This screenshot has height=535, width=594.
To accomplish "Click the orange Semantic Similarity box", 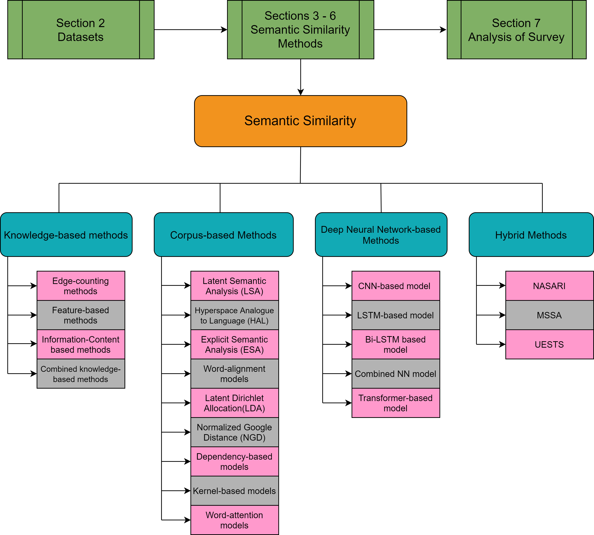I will (x=300, y=121).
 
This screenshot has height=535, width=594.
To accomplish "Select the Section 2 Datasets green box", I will (x=81, y=30).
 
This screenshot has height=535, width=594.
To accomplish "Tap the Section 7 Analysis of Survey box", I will (x=516, y=30).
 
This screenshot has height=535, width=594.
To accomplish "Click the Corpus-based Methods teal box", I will (x=224, y=235).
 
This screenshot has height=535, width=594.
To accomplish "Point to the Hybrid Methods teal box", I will (x=531, y=235).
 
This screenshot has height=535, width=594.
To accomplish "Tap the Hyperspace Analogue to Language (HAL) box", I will (x=235, y=315).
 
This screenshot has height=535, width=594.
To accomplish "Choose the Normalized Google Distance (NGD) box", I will (x=235, y=432).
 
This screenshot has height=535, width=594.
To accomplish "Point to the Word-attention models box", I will (x=235, y=520).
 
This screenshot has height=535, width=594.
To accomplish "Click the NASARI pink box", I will (x=549, y=286).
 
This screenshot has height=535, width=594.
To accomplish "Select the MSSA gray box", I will (x=549, y=315).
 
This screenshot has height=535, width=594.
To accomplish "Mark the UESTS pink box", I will (x=549, y=344).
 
